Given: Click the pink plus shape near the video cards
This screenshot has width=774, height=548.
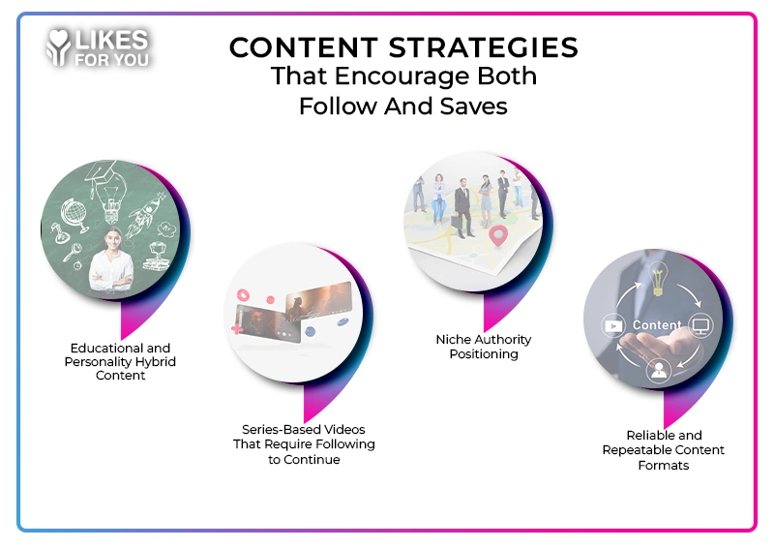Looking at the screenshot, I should pos(235,330).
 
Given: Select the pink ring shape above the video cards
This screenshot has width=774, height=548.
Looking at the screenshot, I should pos(243,292).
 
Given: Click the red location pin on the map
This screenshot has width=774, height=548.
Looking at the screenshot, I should pos(499,234).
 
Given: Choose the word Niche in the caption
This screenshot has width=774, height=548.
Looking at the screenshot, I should pos(453,340).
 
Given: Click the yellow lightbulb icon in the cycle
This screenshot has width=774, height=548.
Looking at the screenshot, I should pos(659,282).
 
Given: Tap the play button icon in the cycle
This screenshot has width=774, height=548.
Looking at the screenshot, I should pos(614,325).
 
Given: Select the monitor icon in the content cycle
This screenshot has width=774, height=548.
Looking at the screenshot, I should pos(700,325).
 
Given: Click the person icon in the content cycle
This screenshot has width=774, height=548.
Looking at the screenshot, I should pos(659,369).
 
